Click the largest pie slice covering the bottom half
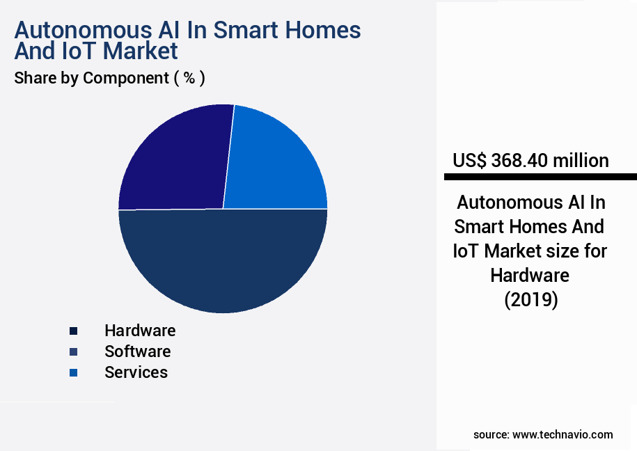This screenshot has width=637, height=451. point(223,264)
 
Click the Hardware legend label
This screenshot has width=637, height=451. point(140,331)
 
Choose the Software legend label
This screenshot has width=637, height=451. point(137,351)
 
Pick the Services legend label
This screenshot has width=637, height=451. point(136,372)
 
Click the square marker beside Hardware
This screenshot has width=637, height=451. point(73,331)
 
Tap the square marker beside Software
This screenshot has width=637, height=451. point(73,352)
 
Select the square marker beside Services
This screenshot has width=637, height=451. point(73,373)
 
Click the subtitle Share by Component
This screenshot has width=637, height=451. point(91,78)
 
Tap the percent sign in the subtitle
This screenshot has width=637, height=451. point(189,78)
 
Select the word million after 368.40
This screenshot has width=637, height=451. point(581,161)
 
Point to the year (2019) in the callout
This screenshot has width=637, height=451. point(530,300)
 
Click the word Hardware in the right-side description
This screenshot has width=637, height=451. point(530,275)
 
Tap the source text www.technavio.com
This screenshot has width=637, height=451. point(563,434)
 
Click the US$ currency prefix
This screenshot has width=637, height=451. point(470,161)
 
